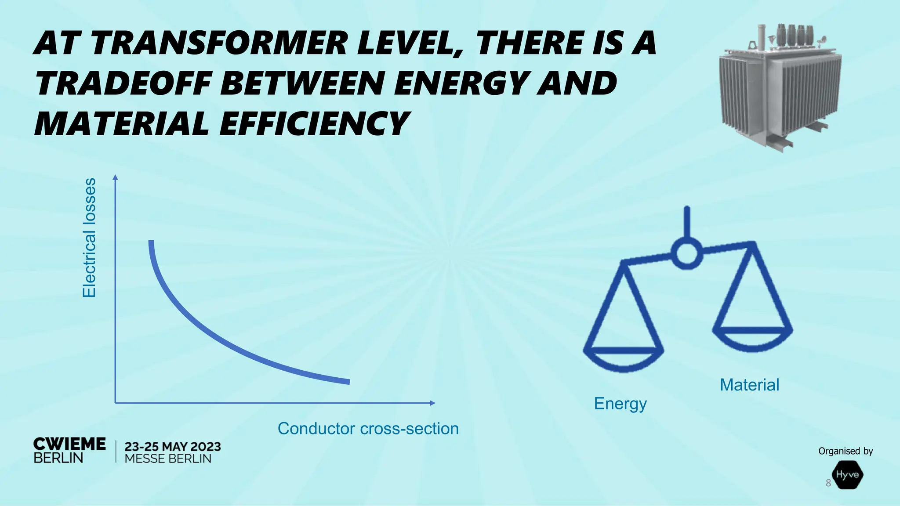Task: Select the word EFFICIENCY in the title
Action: (314, 124)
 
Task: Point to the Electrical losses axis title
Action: (89, 238)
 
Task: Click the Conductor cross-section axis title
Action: (368, 428)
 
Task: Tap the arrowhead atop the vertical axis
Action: (116, 177)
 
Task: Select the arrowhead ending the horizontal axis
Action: (432, 403)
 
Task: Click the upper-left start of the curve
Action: (151, 243)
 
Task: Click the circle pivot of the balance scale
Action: (686, 253)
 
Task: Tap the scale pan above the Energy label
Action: (623, 358)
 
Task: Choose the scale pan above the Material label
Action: (752, 337)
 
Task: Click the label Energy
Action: (620, 403)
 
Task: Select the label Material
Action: (749, 385)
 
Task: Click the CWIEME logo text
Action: (69, 444)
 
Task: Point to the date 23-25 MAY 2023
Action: (173, 447)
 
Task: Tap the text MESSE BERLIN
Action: (168, 459)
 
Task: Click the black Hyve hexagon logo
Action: (847, 475)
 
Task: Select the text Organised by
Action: (845, 451)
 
